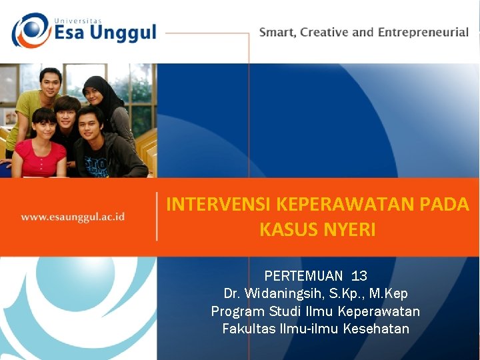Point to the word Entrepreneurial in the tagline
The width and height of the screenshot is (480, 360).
pyautogui.click(x=423, y=32)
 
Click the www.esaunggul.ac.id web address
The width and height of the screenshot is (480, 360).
pyautogui.click(x=73, y=217)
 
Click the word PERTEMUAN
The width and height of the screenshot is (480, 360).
pyautogui.click(x=303, y=276)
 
